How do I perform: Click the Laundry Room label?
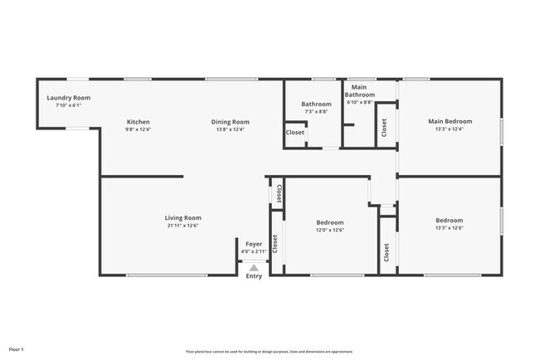pyautogui.click(x=68, y=98)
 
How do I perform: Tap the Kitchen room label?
pyautogui.click(x=138, y=122)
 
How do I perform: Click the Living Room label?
pyautogui.click(x=182, y=217)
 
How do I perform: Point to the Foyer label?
pyautogui.click(x=254, y=245)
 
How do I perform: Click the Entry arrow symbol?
pyautogui.click(x=254, y=267)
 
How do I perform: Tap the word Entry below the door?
pyautogui.click(x=254, y=276)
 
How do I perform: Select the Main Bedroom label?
pyautogui.click(x=450, y=122)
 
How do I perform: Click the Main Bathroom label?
pyautogui.click(x=359, y=91)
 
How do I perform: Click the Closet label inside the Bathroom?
pyautogui.click(x=295, y=133)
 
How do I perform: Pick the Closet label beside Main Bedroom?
pyautogui.click(x=384, y=127)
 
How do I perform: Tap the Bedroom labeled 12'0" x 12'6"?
pyautogui.click(x=330, y=221)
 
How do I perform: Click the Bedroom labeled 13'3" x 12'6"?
pyautogui.click(x=450, y=221)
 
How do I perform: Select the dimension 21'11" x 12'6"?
pyautogui.click(x=182, y=225)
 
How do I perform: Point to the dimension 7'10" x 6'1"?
pyautogui.click(x=68, y=105)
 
